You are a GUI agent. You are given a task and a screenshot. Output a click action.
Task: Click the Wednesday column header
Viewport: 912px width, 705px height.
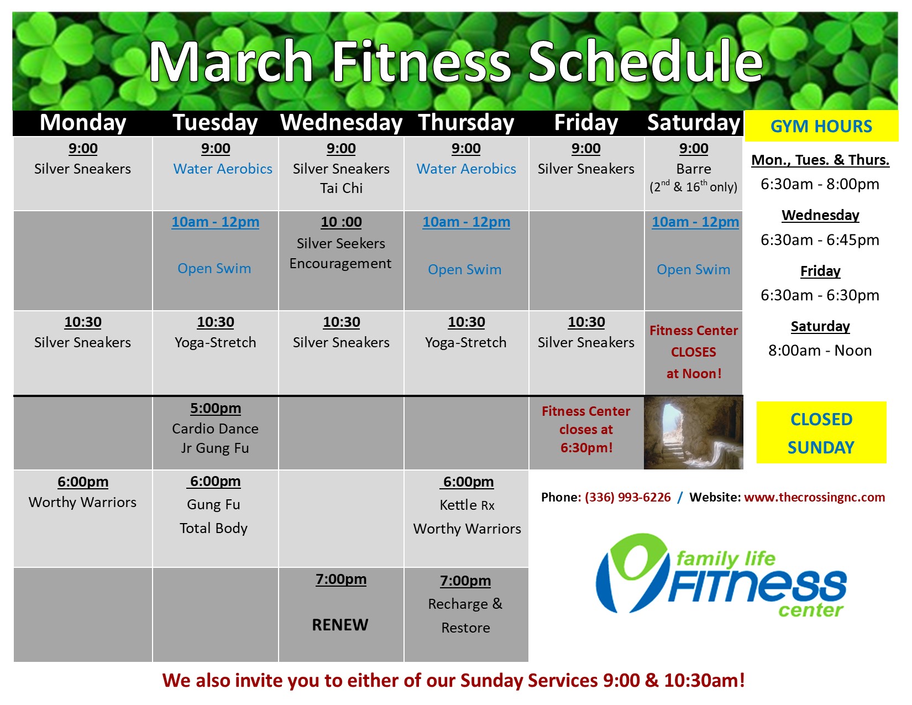[341, 123]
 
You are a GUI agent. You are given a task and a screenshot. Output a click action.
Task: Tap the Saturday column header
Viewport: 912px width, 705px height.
[693, 123]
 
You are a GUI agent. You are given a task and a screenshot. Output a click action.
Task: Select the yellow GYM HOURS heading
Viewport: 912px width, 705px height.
[821, 126]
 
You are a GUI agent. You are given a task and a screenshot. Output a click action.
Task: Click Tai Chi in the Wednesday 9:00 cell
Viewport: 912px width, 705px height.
[341, 188]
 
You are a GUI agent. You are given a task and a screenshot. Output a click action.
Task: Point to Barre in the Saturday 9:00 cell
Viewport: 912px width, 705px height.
[693, 169]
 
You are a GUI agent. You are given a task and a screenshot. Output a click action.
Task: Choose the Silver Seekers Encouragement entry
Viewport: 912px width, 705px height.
[340, 253]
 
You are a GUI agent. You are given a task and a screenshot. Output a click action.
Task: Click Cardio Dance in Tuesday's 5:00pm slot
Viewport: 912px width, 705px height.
[215, 429]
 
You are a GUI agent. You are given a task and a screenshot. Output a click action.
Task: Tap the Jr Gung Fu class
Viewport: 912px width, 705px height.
[215, 448]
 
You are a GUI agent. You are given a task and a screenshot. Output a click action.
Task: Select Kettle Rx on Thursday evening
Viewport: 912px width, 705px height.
[467, 505]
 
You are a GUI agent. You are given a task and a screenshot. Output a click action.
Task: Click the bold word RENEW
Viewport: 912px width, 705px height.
[340, 625]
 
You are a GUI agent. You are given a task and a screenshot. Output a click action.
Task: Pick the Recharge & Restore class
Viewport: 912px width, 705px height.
[465, 615]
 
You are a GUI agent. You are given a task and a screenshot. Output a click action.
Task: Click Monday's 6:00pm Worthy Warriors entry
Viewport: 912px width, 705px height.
[83, 502]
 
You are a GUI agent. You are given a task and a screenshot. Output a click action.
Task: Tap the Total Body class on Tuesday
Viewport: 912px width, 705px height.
[213, 528]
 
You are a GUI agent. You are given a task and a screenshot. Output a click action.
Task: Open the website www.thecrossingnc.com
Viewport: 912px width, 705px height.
[814, 497]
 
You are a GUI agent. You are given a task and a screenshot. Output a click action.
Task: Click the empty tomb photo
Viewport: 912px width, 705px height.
[693, 433]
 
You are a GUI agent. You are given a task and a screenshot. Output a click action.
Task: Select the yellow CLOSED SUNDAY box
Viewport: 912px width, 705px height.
[821, 432]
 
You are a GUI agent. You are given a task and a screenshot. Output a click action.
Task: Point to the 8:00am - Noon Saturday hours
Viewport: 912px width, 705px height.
[820, 351]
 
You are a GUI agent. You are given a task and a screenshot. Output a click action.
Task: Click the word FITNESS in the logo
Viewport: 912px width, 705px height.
[756, 586]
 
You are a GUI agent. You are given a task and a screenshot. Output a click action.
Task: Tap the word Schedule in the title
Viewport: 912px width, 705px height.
[646, 61]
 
